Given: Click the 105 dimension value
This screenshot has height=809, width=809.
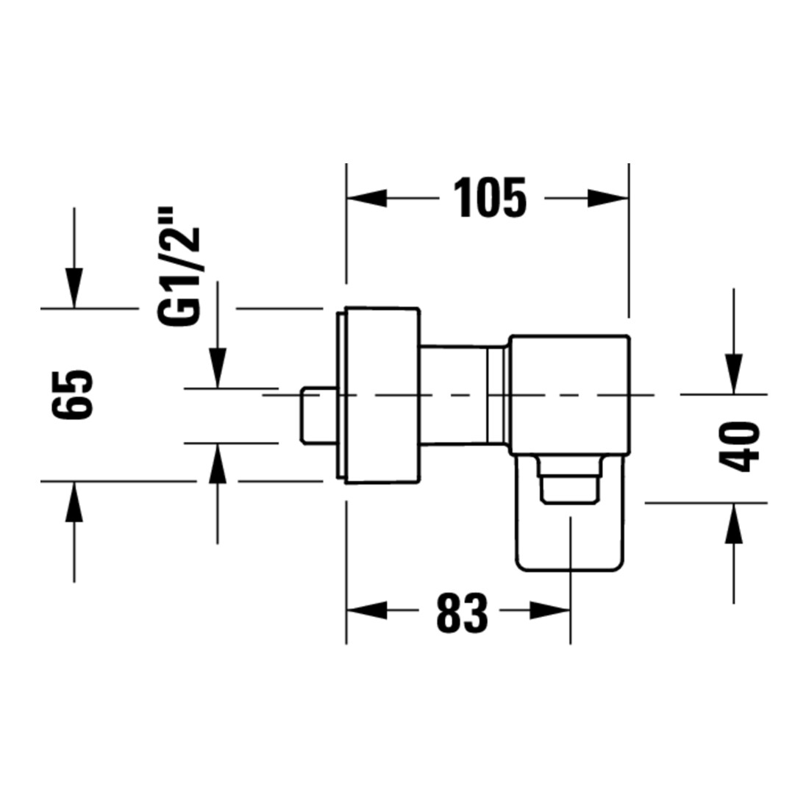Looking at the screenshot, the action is tap(490, 198).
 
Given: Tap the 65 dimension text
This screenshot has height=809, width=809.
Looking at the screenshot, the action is tap(73, 393).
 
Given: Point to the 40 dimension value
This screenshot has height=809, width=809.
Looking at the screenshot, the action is tap(739, 447).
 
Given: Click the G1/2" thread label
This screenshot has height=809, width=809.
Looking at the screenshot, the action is tap(179, 267).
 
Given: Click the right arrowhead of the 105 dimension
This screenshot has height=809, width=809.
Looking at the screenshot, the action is tap(608, 198).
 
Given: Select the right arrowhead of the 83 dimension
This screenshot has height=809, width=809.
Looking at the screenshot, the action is tap(550, 610).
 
